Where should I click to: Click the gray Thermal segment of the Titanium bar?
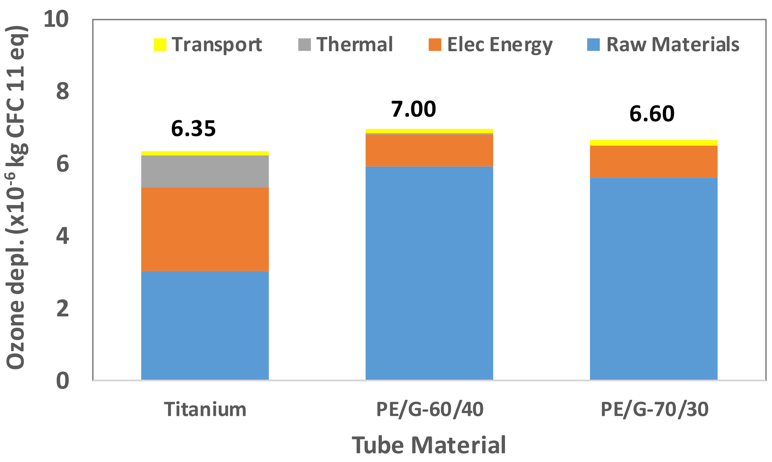(x=205, y=171)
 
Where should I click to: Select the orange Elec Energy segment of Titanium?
(x=205, y=229)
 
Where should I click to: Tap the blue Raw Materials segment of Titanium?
(x=205, y=325)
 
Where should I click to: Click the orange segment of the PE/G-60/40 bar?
(x=429, y=150)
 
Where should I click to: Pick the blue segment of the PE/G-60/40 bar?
(x=429, y=273)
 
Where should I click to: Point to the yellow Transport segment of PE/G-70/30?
(x=654, y=143)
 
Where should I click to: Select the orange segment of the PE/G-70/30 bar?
(x=654, y=161)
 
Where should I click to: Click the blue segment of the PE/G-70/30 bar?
(x=654, y=279)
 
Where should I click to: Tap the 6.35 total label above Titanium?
(x=193, y=129)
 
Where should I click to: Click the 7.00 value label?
(x=413, y=109)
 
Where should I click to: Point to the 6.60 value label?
(x=652, y=114)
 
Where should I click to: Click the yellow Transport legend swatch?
(x=160, y=45)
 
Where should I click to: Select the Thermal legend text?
(x=354, y=45)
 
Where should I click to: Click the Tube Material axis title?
(x=429, y=445)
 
